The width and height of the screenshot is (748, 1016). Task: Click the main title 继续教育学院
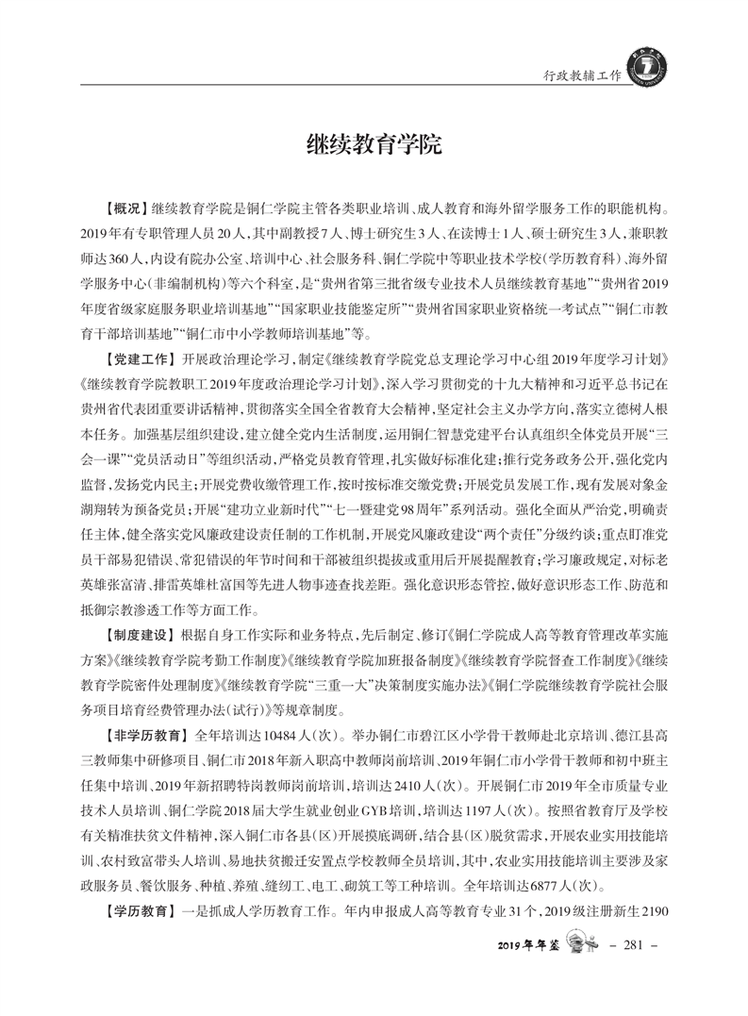coord(374,146)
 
